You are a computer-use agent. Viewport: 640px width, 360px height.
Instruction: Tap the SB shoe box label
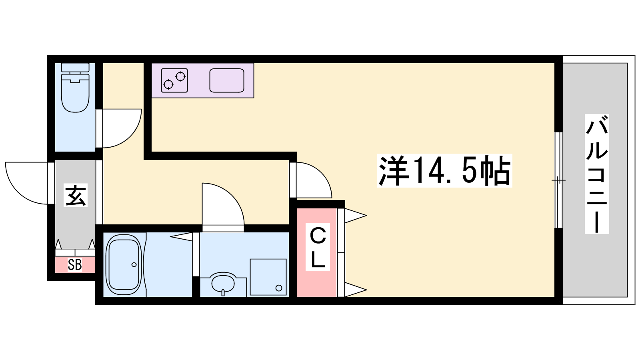[75, 265]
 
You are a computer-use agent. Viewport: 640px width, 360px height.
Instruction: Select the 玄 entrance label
[76, 196]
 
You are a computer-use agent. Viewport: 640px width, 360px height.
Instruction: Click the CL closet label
[318, 246]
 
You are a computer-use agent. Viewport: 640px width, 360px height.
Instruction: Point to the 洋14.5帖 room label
[444, 170]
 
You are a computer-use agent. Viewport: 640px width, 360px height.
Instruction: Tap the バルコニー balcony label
[597, 174]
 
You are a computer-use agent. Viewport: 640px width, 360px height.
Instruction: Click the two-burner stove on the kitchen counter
[174, 80]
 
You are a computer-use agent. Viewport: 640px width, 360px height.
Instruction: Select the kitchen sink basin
[227, 80]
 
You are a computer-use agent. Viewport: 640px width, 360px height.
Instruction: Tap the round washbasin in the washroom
[223, 284]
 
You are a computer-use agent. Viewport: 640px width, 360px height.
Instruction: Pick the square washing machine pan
[268, 277]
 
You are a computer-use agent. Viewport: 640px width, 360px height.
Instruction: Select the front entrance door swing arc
[17, 192]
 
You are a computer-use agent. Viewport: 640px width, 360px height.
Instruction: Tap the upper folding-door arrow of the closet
[356, 216]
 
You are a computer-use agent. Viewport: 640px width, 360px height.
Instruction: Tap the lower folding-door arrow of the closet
[356, 290]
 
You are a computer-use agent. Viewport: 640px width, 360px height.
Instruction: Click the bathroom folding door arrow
[181, 236]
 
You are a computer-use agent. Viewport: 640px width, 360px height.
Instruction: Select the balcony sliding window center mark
[558, 180]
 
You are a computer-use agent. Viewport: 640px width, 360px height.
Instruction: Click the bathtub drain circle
[134, 264]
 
